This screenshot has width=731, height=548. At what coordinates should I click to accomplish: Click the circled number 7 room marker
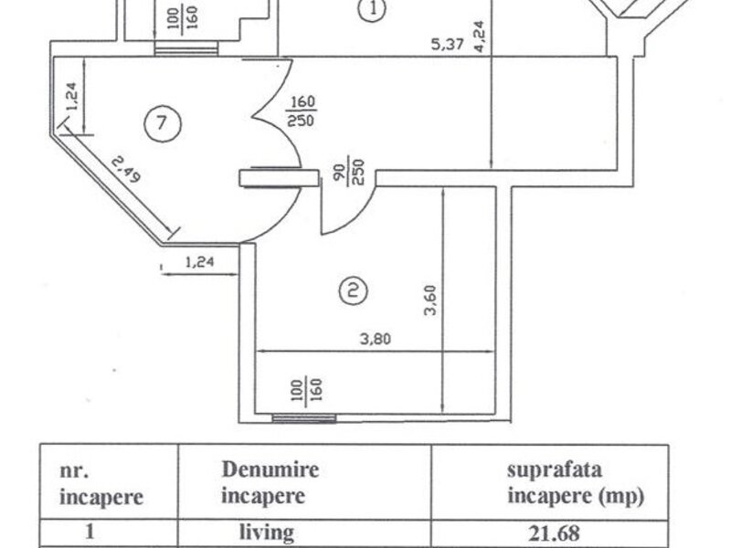coord(163,123)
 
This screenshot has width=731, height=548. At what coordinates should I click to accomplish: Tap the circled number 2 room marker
coord(353,290)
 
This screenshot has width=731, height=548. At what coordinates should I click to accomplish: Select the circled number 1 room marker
coord(373,9)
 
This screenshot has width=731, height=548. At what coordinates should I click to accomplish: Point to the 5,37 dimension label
coord(448,44)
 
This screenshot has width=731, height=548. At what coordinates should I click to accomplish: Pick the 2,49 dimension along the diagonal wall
coord(126,169)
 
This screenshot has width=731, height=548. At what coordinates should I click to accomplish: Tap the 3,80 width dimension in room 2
coord(376,338)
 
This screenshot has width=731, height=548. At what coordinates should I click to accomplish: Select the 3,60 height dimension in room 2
coord(430,300)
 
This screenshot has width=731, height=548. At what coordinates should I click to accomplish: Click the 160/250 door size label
coord(302,111)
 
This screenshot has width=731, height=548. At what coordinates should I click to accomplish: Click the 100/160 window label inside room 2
coord(307,391)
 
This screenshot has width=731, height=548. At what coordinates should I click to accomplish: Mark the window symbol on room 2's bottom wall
coord(304,417)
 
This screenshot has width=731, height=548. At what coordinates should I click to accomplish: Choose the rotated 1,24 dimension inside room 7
coord(73,97)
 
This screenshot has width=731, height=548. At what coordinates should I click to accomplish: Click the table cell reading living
coord(266,532)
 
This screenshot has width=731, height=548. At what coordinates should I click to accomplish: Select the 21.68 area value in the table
coord(555,533)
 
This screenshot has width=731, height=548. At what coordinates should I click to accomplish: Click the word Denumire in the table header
coord(270,469)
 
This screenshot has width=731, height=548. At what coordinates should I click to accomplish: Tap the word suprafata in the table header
coord(555,470)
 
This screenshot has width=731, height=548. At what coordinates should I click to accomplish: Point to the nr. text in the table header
coord(74,470)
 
